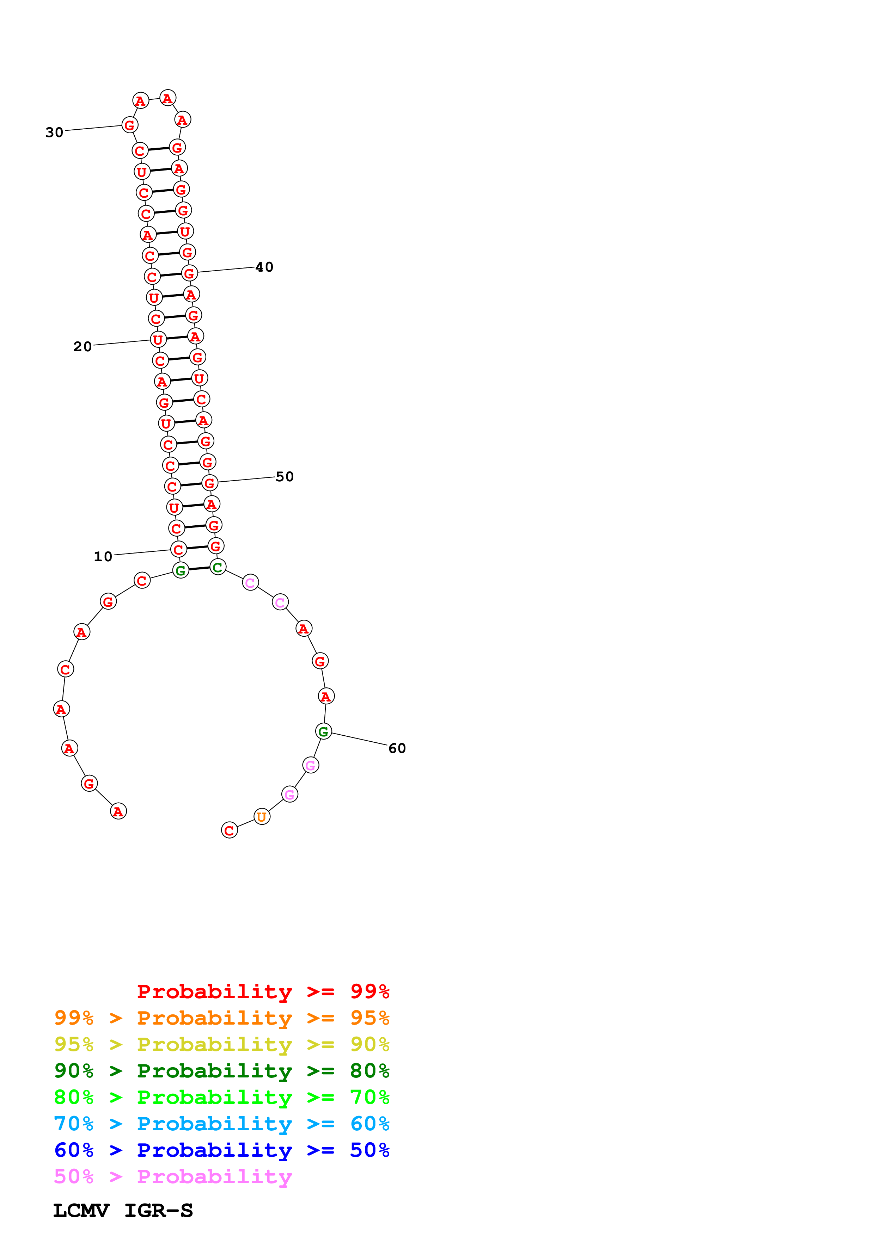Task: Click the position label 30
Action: [54, 132]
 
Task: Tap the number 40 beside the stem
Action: [264, 267]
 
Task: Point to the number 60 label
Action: [397, 748]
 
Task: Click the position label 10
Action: [103, 557]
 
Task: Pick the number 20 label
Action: [82, 347]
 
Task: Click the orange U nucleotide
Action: [262, 817]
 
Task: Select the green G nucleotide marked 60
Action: [323, 731]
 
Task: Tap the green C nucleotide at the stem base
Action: [218, 567]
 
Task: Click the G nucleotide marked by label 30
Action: [130, 125]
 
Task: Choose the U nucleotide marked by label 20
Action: [158, 340]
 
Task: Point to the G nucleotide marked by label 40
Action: [189, 273]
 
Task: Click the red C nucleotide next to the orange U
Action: [230, 830]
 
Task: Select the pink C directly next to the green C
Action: [250, 582]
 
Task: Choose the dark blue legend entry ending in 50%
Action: [221, 1150]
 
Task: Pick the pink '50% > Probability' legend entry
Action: [173, 1177]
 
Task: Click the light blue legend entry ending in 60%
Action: [221, 1124]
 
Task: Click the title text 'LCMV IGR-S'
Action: [123, 1211]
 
